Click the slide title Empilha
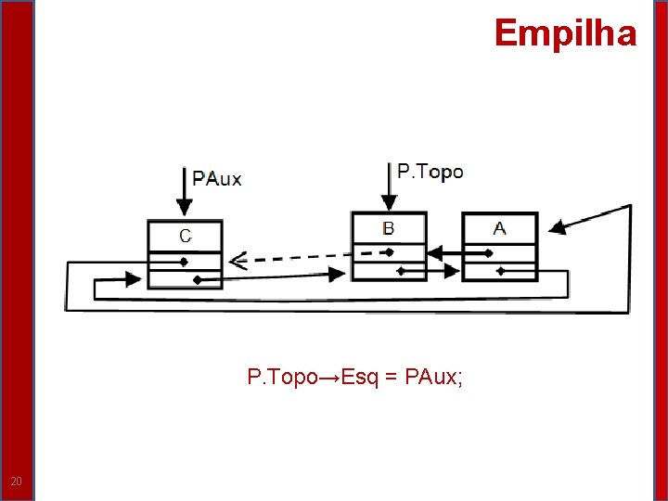click(x=565, y=33)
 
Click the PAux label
click(x=217, y=179)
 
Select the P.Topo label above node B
click(x=430, y=172)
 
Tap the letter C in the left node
click(x=186, y=236)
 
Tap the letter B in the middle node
click(x=389, y=228)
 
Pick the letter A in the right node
click(x=500, y=228)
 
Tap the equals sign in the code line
click(x=390, y=378)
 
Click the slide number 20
click(x=16, y=481)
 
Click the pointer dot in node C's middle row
click(x=185, y=261)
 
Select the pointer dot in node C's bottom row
click(x=196, y=279)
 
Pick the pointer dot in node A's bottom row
click(x=500, y=271)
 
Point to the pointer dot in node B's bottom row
click(x=401, y=271)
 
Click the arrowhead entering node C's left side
click(x=138, y=276)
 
